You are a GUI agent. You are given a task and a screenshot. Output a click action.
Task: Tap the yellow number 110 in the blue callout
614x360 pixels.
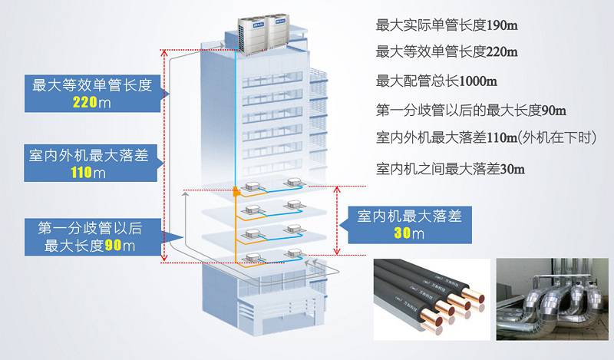(81, 172)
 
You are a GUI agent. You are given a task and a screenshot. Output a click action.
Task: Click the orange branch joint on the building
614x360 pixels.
(236, 190)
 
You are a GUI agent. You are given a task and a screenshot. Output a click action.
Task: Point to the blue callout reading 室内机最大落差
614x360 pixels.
(411, 224)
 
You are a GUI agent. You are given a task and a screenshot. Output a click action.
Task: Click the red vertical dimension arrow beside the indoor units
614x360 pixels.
(338, 220)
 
